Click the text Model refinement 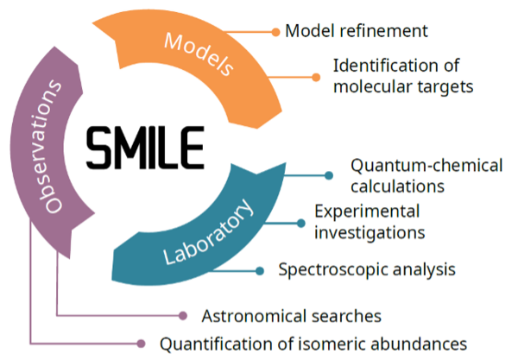point(357,31)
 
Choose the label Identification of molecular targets point(395,76)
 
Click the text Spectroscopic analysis point(366,269)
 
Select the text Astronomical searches point(291,315)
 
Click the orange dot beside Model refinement point(275,32)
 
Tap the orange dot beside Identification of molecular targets point(317,76)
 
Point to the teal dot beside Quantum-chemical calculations point(329,175)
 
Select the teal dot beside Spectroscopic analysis point(260,270)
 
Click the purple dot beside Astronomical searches point(183,315)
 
